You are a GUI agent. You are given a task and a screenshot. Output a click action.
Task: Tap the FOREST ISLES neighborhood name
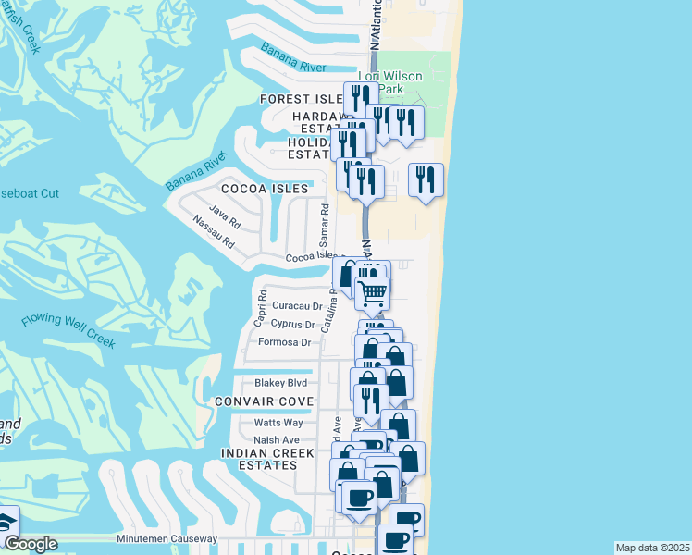[302, 99]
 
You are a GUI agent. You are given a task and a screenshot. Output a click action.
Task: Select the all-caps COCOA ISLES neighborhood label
[264, 189]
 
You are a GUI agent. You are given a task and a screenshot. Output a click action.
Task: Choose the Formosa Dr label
[285, 342]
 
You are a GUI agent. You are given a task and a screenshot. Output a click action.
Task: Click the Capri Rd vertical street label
[262, 309]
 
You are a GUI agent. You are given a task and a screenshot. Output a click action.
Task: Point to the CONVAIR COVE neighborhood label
[264, 401]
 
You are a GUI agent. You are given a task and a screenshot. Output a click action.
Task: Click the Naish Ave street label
[277, 439]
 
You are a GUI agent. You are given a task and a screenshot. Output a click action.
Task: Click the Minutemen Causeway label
[167, 538]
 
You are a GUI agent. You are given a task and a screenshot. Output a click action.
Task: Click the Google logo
[31, 544]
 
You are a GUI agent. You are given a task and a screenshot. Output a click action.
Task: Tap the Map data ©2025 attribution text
[653, 548]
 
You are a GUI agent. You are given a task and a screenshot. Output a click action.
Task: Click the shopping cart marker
[372, 294]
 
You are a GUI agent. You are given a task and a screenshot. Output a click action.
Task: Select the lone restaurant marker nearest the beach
[426, 180]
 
